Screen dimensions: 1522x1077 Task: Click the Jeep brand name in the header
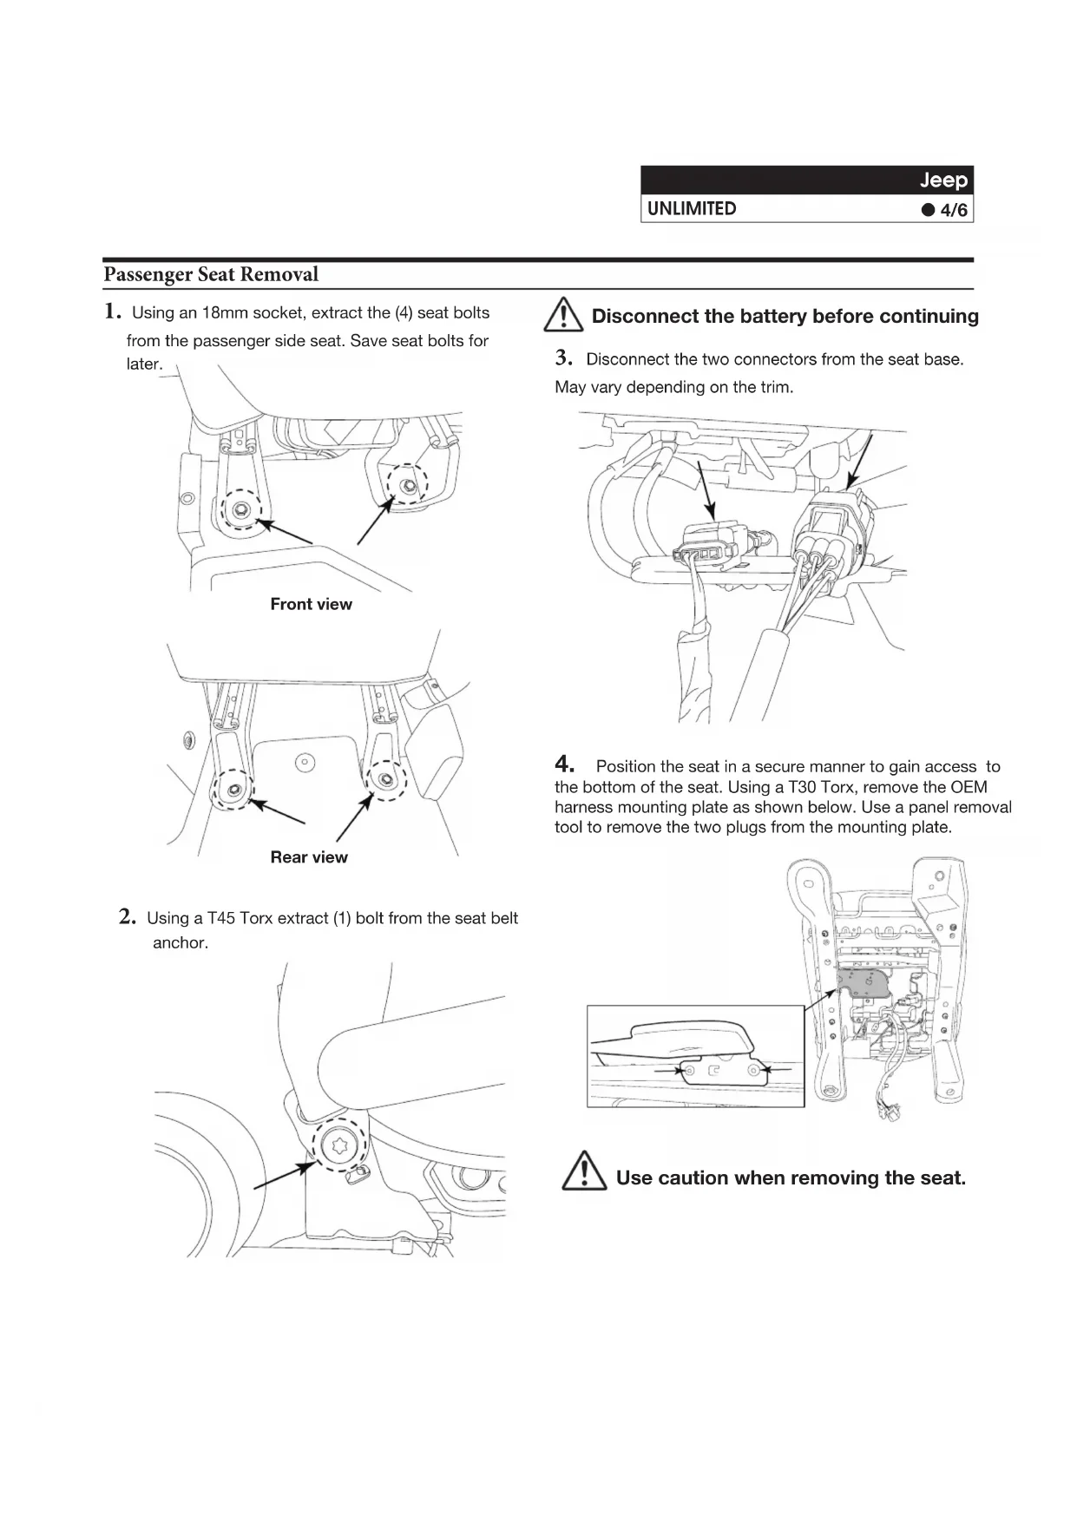(x=942, y=180)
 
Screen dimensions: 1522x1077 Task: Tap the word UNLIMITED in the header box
(x=692, y=209)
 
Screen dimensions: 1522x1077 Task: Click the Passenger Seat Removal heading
(x=211, y=275)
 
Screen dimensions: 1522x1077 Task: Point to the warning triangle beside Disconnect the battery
(x=563, y=315)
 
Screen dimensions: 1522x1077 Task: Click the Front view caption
(x=311, y=605)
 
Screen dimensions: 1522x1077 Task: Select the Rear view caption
(x=308, y=857)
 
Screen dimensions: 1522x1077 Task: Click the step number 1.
(x=112, y=312)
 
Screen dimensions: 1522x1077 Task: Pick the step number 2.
(x=128, y=917)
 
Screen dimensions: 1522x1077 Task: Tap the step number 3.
(x=564, y=358)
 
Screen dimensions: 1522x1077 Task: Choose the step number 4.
(x=565, y=764)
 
